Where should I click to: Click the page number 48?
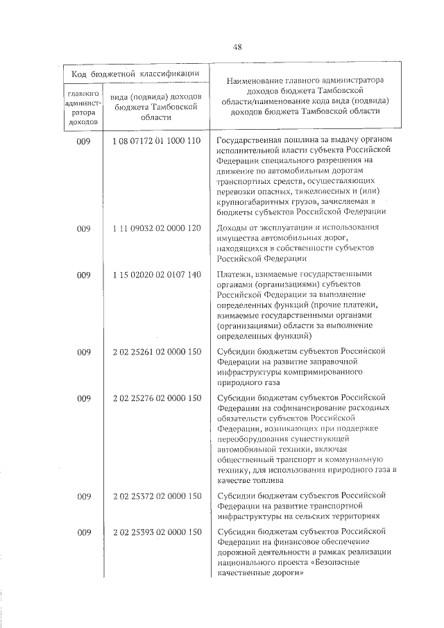(x=237, y=47)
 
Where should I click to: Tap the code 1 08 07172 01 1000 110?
(x=156, y=141)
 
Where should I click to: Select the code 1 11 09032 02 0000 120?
(x=156, y=228)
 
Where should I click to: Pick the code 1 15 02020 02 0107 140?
(x=156, y=275)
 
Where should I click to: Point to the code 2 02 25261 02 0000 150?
(x=156, y=353)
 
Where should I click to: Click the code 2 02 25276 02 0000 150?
(x=156, y=398)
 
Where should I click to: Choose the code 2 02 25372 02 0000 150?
(x=156, y=496)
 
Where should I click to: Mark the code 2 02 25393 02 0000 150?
(x=156, y=532)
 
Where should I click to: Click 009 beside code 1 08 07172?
(x=84, y=141)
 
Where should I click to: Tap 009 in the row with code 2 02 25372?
(x=84, y=496)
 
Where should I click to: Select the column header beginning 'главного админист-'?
(x=84, y=106)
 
